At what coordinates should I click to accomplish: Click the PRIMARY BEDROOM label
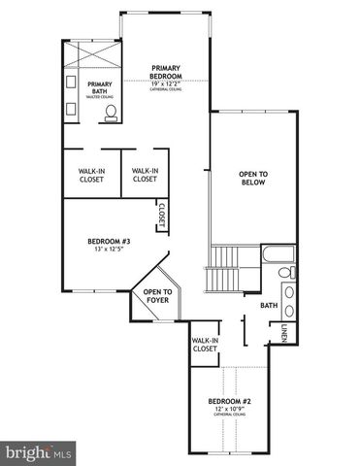tap(167, 73)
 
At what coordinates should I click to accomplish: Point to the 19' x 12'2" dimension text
tap(167, 85)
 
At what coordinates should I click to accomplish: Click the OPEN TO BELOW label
tap(253, 180)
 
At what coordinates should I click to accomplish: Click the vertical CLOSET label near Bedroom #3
tap(162, 216)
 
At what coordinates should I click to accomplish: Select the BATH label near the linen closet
tap(269, 307)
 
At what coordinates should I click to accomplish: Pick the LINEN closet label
tap(283, 335)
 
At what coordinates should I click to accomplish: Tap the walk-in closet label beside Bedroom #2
tap(204, 345)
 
